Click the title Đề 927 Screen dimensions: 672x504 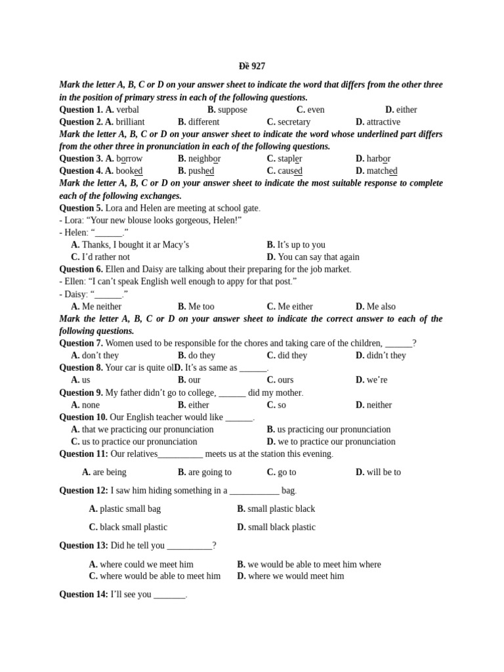251,66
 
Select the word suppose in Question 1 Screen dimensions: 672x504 232,110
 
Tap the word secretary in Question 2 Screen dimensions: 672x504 293,122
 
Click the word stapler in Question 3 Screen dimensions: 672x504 290,159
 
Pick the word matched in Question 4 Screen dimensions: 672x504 382,171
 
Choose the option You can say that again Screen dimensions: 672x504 318,257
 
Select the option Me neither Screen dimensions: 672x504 102,306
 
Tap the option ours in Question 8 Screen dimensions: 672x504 285,380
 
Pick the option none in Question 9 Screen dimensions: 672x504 91,405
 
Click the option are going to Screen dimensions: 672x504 209,472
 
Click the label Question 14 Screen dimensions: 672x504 83,595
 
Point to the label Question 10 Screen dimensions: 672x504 83,417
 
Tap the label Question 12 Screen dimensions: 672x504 83,490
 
